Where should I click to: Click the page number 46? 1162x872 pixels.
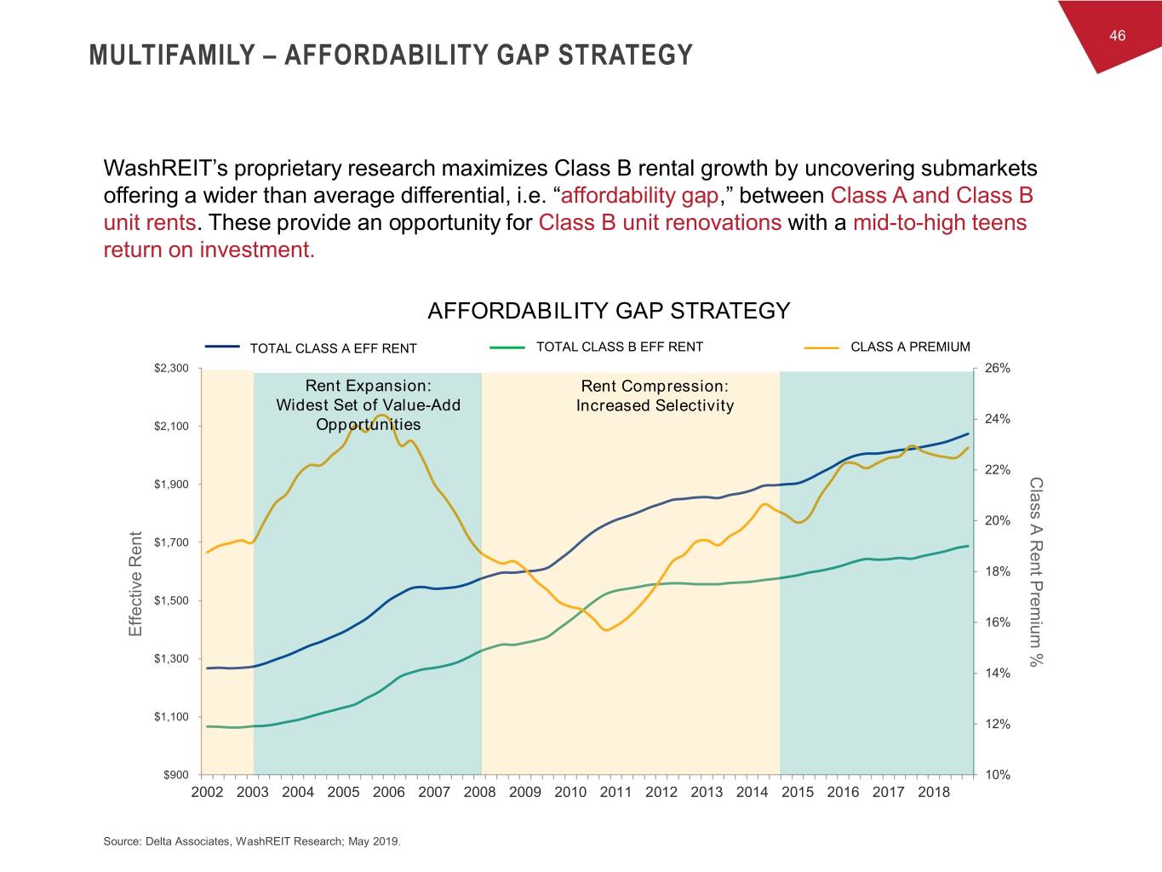[x=1117, y=36]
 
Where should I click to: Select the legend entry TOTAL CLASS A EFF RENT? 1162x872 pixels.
[x=333, y=348]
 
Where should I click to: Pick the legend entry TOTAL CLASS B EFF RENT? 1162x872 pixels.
[x=619, y=347]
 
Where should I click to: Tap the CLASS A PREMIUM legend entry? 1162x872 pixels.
[x=910, y=347]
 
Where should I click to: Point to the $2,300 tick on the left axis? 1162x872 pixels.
[x=171, y=368]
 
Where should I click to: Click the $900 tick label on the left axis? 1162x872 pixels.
[x=176, y=774]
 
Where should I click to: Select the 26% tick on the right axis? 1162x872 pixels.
[x=997, y=368]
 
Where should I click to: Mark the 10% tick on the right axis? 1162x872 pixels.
[x=997, y=775]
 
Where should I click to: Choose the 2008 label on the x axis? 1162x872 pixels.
[x=479, y=792]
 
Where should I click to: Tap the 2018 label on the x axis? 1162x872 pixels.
[x=933, y=792]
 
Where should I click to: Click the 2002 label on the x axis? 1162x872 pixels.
[x=207, y=792]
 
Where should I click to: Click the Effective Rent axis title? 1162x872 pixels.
[x=135, y=583]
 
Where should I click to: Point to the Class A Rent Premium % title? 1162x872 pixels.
[x=1035, y=571]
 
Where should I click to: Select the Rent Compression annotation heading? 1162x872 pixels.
[x=654, y=387]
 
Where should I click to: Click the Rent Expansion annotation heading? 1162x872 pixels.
[x=368, y=386]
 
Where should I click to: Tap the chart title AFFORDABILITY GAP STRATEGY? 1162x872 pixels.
[x=609, y=311]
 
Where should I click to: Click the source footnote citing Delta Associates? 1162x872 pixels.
[x=251, y=841]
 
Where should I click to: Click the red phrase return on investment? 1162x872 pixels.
[x=209, y=250]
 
